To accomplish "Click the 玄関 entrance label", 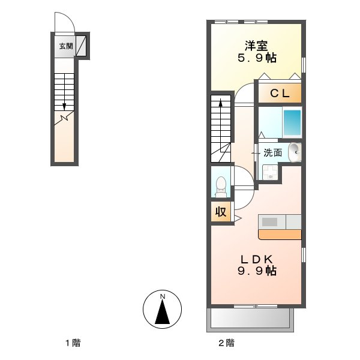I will (64, 46).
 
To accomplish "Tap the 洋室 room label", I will (256, 45).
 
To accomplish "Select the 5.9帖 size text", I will (256, 58).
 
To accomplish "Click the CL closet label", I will (279, 93).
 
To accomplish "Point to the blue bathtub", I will (292, 123).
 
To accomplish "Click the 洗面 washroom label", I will (272, 152).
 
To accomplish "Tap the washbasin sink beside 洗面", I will (294, 152).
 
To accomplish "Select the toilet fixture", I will (221, 187).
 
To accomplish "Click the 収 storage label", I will (221, 212).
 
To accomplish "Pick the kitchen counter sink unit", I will (279, 222).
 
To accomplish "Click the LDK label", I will (257, 259).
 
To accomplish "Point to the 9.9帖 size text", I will (257, 271).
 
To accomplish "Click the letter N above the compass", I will (162, 296).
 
